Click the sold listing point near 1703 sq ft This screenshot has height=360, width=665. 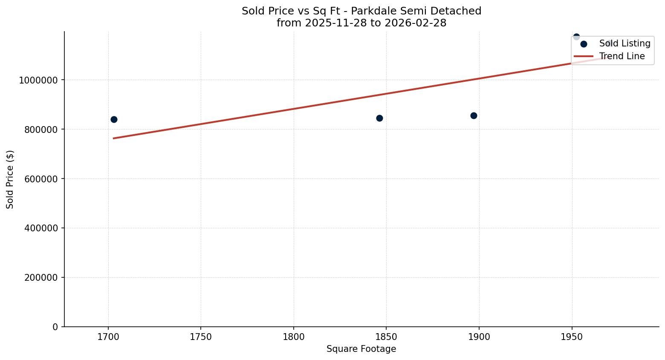tap(114, 119)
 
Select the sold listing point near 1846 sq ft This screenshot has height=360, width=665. tap(379, 118)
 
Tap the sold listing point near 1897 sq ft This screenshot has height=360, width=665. tap(474, 115)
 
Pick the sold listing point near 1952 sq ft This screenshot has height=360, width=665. tap(576, 37)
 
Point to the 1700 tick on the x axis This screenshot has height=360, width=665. tap(108, 337)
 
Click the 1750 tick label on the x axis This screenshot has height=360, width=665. tap(201, 337)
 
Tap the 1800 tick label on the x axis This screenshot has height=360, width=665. tap(294, 337)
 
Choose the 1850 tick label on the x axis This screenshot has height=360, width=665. tap(386, 337)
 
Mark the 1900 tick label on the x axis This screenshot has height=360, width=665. tap(479, 337)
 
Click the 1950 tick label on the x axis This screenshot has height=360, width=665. tap(572, 337)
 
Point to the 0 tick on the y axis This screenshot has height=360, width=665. tap(55, 327)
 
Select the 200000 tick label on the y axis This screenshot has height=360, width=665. tap(38, 277)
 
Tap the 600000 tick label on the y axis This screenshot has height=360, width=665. tap(38, 179)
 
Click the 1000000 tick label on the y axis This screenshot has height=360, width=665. tap(36, 80)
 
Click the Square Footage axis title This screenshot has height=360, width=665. tap(361, 349)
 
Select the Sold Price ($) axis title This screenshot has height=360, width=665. tap(10, 179)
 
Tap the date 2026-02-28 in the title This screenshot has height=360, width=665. tap(415, 23)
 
